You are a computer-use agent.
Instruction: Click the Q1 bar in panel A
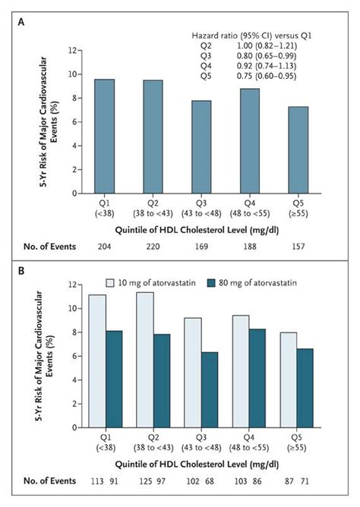click(106, 137)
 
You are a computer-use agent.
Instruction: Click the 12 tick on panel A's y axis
click(74, 51)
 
